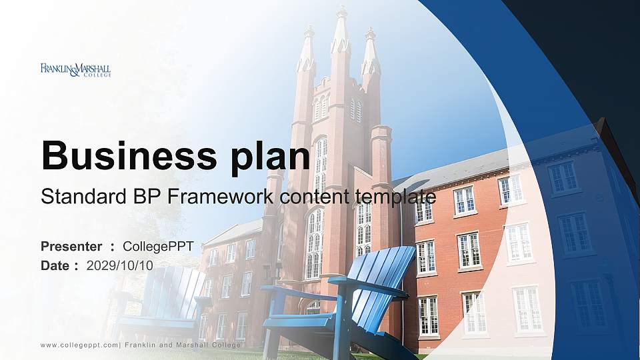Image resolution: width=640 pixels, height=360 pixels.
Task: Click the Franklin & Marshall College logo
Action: pyautogui.click(x=75, y=70)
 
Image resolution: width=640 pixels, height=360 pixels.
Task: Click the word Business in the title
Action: pyautogui.click(x=125, y=155)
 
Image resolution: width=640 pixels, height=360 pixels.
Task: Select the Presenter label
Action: pyautogui.click(x=71, y=247)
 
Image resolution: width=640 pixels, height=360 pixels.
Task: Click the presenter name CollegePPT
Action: pyautogui.click(x=158, y=247)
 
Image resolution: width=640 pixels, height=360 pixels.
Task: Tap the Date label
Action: pyautogui.click(x=55, y=265)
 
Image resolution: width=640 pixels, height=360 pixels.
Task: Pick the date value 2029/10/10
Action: pyautogui.click(x=120, y=265)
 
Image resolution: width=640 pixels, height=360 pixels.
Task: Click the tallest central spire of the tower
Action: pyautogui.click(x=341, y=33)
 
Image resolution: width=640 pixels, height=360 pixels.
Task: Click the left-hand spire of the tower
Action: pyautogui.click(x=307, y=50)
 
